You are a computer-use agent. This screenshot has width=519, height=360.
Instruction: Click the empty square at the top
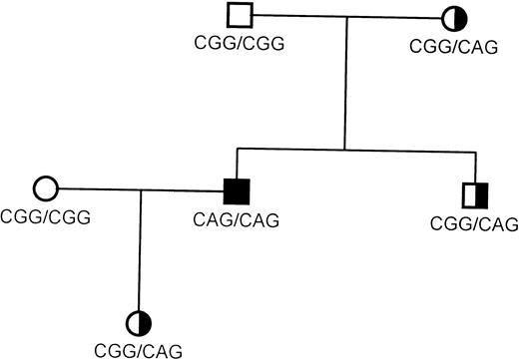pos(239,16)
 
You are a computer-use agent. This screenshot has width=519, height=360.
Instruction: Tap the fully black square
pos(237,188)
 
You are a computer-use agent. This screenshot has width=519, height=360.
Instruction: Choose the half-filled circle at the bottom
pos(139,322)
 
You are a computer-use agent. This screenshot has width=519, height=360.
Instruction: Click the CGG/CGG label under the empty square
pos(235,44)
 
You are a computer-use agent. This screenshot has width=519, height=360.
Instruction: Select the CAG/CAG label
pos(235,215)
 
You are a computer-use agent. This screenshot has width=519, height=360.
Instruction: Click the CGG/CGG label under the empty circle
pos(42,215)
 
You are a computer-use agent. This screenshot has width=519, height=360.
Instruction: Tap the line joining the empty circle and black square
pos(139,187)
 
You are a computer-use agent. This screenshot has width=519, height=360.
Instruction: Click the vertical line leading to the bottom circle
pos(140,249)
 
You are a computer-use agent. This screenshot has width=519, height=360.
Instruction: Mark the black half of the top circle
pos(451,17)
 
